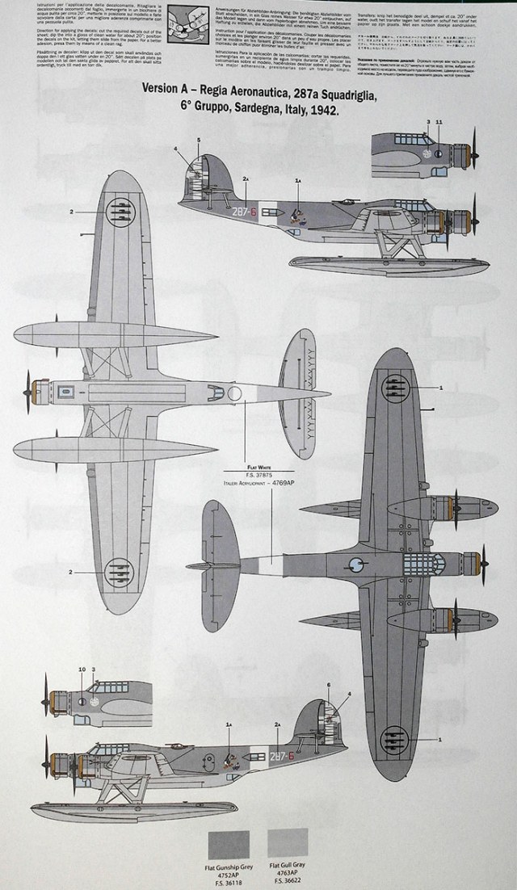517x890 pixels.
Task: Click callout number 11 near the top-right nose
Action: (439, 122)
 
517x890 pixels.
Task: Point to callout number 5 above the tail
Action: (198, 141)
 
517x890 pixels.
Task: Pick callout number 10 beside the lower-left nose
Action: (82, 670)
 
